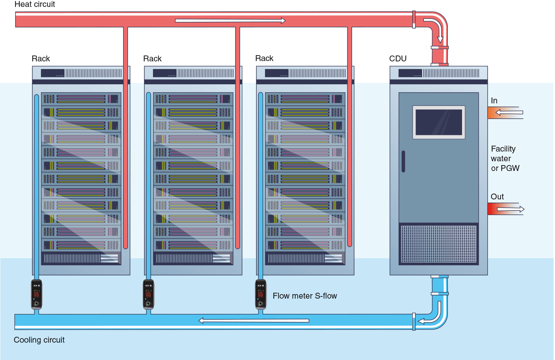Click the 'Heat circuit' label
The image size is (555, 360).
[35, 4]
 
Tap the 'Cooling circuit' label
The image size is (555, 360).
[39, 340]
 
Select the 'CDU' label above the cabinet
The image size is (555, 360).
[398, 59]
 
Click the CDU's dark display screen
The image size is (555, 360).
[438, 122]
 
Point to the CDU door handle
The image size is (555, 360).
[403, 161]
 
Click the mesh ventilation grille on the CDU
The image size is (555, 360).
[438, 244]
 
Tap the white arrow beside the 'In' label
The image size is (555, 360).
[509, 112]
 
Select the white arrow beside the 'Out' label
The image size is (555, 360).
[511, 209]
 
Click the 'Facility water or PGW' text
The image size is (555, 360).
[505, 158]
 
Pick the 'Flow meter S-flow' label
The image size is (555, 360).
[305, 296]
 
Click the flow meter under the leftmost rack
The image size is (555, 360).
[36, 294]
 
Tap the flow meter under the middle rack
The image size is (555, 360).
[148, 294]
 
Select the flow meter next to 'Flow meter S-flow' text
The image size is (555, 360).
[261, 294]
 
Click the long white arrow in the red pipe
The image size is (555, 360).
[230, 20]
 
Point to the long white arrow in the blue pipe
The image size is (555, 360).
[254, 320]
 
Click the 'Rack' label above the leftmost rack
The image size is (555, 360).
[41, 59]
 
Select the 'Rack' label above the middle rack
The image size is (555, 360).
[152, 59]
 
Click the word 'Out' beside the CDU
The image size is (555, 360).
[497, 197]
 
